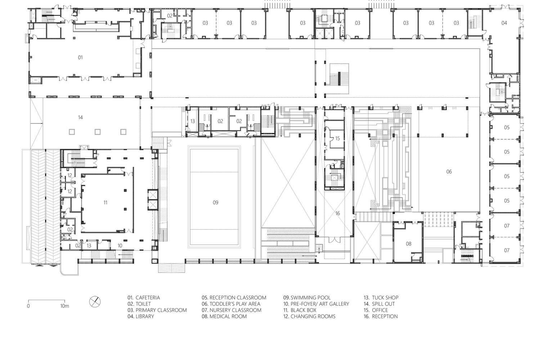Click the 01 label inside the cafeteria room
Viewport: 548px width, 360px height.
pyautogui.click(x=80, y=57)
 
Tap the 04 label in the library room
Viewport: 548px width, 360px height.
pyautogui.click(x=504, y=23)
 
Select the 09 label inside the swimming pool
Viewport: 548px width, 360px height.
pyautogui.click(x=215, y=203)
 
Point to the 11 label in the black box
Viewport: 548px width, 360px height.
pyautogui.click(x=105, y=203)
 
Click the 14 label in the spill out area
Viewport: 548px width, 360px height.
pyautogui.click(x=80, y=117)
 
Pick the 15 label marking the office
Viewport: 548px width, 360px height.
pyautogui.click(x=337, y=138)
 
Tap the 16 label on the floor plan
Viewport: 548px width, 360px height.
pyautogui.click(x=337, y=213)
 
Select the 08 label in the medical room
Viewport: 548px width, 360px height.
pyautogui.click(x=408, y=244)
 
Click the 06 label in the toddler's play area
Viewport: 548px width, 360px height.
pyautogui.click(x=449, y=172)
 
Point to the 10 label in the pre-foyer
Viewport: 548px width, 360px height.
pyautogui.click(x=120, y=246)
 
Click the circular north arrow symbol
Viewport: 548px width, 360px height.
pyautogui.click(x=95, y=302)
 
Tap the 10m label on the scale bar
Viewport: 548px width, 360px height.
pyautogui.click(x=64, y=306)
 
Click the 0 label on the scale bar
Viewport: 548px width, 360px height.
pyautogui.click(x=28, y=306)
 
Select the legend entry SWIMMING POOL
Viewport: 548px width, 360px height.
pyautogui.click(x=307, y=298)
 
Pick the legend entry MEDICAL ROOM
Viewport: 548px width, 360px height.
pyautogui.click(x=224, y=316)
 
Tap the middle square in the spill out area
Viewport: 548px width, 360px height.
pyautogui.click(x=98, y=132)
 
